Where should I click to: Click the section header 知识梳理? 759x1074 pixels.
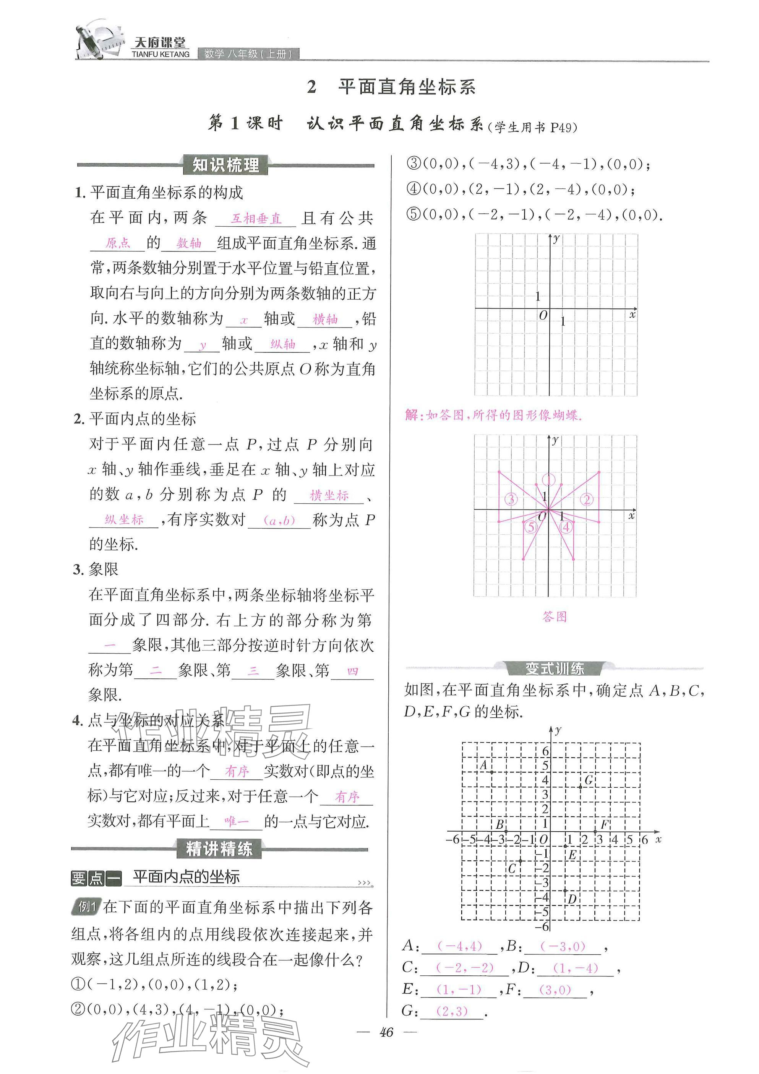click(x=225, y=165)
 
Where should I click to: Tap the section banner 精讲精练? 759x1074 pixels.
click(x=219, y=848)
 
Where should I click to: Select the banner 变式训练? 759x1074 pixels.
click(x=555, y=668)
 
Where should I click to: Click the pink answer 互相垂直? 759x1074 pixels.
click(x=256, y=219)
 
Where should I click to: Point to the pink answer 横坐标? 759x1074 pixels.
click(x=329, y=495)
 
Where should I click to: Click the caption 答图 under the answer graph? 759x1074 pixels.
click(x=555, y=616)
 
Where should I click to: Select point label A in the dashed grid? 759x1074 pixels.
click(x=484, y=765)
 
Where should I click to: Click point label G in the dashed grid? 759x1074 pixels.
click(x=589, y=780)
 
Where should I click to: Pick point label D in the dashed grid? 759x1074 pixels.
click(x=572, y=899)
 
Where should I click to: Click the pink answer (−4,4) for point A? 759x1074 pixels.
click(x=459, y=946)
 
